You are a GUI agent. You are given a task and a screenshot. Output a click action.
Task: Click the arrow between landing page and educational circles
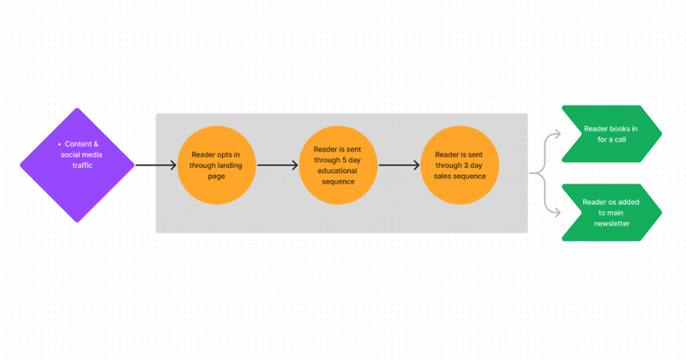pyautogui.click(x=277, y=165)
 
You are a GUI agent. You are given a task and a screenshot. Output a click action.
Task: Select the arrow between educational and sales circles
pyautogui.click(x=399, y=165)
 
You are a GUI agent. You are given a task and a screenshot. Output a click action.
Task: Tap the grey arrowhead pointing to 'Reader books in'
pyautogui.click(x=557, y=134)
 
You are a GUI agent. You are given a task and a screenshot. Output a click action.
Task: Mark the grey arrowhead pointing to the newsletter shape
pyautogui.click(x=557, y=213)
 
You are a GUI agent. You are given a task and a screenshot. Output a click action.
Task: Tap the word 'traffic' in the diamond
pyautogui.click(x=83, y=165)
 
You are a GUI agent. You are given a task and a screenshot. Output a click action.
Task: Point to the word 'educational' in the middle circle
pyautogui.click(x=338, y=171)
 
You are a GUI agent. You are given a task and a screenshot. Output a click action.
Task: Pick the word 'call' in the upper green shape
pyautogui.click(x=618, y=140)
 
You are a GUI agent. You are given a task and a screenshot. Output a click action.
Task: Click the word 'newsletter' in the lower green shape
pyautogui.click(x=611, y=224)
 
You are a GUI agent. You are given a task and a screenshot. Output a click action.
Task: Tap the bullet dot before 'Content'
pyautogui.click(x=58, y=145)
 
